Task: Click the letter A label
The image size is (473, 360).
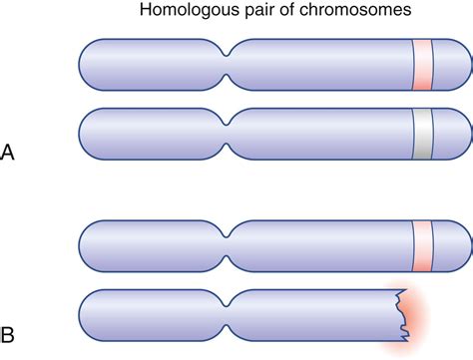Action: [x=9, y=154]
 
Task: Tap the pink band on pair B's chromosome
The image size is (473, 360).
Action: [x=422, y=245]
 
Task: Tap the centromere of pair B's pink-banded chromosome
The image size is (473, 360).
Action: [x=230, y=245]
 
